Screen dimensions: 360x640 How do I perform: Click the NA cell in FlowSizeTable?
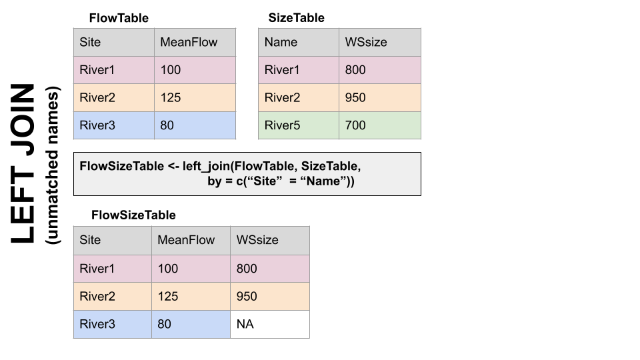pos(269,325)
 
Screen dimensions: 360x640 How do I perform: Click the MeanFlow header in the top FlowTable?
pos(195,42)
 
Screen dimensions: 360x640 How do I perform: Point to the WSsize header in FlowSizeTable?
pos(269,240)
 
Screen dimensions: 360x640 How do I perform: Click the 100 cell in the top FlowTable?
pos(195,70)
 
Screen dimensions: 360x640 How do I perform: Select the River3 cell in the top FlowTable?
pos(114,125)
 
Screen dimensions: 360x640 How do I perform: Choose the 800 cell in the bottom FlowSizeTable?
pos(269,269)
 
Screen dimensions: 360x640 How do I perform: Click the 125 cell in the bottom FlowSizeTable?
pos(191,297)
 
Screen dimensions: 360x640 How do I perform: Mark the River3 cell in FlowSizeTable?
pos(112,325)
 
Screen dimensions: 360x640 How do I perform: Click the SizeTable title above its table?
pos(296,18)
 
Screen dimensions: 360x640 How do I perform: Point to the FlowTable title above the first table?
pos(119,18)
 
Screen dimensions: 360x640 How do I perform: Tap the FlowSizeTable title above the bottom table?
pos(133,215)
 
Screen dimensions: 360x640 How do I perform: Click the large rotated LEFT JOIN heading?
pos(24,163)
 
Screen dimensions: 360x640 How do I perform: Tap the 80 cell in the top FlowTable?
pos(195,125)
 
